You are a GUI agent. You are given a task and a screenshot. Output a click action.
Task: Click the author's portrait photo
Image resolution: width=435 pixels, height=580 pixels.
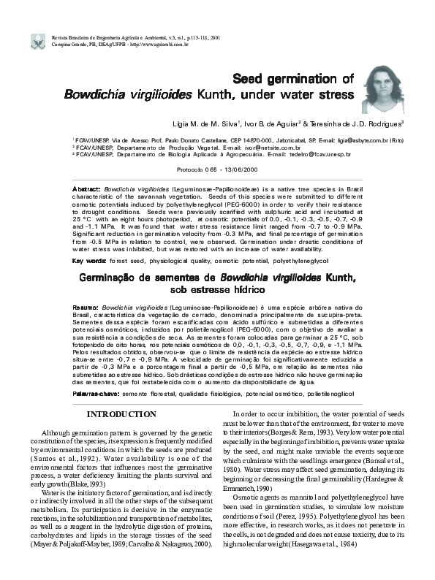click(x=386, y=87)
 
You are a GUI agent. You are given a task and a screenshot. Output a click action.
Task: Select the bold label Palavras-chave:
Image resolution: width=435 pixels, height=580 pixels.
click(x=97, y=392)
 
